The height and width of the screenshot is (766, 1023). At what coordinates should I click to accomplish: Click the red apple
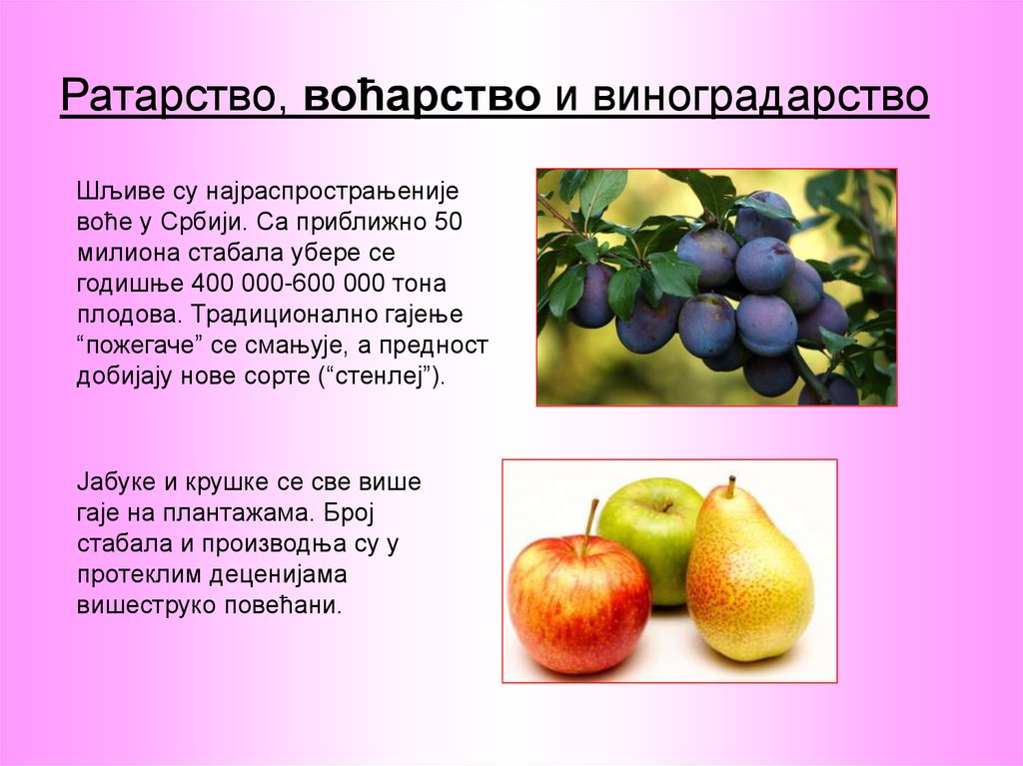[x=577, y=605]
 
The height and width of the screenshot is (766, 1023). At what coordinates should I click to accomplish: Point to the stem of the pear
[x=730, y=486]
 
